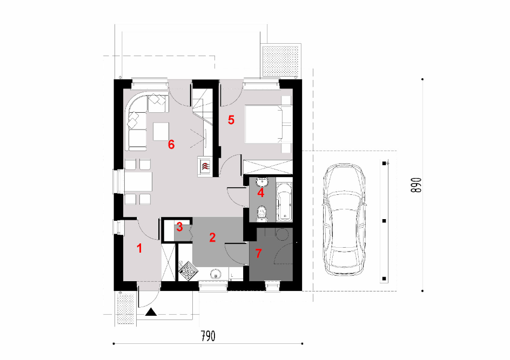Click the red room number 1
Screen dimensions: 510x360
click(139, 249)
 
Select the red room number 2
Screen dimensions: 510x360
click(212, 237)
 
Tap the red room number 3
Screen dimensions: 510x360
click(179, 227)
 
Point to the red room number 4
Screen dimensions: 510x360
click(260, 193)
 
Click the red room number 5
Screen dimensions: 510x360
click(231, 120)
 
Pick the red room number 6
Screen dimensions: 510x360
click(171, 144)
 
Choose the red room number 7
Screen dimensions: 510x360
click(259, 253)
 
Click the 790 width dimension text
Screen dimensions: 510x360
click(208, 336)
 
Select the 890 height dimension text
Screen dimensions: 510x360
click(416, 185)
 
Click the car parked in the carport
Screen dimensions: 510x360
click(344, 220)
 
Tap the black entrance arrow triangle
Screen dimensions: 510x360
click(151, 312)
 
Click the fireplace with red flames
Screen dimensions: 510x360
click(205, 167)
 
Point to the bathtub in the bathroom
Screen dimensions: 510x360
click(284, 202)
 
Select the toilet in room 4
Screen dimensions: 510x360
click(261, 214)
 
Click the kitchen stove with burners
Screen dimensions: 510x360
click(187, 270)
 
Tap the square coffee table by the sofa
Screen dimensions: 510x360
click(161, 131)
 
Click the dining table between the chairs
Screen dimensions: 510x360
click(138, 181)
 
